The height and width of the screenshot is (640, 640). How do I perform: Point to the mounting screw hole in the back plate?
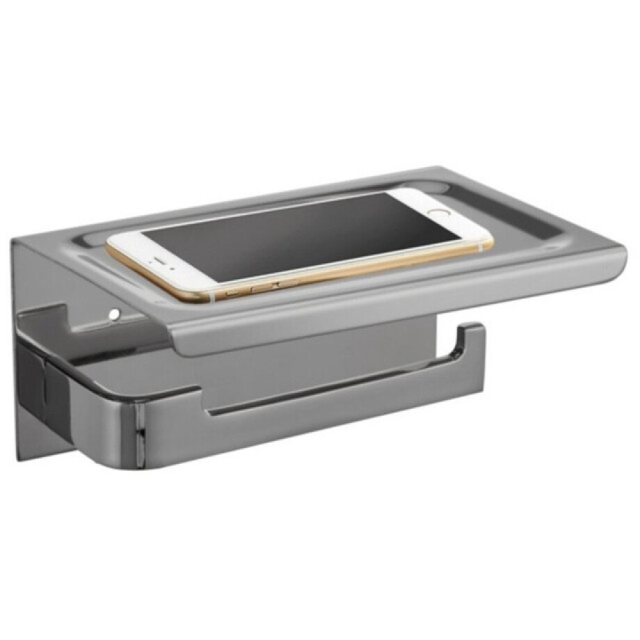pyautogui.click(x=113, y=314)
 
